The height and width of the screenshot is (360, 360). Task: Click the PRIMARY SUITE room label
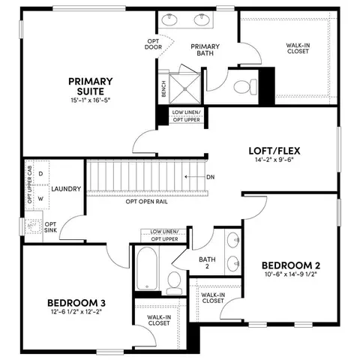click(x=91, y=86)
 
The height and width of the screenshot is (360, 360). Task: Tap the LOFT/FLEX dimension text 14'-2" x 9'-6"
click(x=274, y=160)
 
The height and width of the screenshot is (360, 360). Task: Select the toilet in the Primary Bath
click(x=245, y=87)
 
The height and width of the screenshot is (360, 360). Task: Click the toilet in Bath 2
click(x=174, y=283)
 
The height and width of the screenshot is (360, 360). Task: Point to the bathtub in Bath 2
click(x=147, y=268)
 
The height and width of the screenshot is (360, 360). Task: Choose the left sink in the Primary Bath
click(x=169, y=19)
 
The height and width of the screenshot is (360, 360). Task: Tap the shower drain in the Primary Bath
click(x=185, y=88)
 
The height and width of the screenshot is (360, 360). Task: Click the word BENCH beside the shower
click(x=164, y=88)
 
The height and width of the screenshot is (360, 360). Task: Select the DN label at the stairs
click(x=211, y=177)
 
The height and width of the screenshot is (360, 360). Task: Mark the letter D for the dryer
click(x=40, y=173)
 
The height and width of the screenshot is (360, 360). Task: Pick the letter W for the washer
click(x=40, y=199)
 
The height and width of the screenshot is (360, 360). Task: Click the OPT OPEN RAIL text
click(x=146, y=202)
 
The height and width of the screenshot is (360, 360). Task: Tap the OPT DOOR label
click(x=153, y=44)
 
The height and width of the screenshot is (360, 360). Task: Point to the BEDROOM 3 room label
click(x=76, y=303)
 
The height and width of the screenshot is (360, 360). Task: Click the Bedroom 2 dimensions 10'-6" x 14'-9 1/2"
click(x=291, y=274)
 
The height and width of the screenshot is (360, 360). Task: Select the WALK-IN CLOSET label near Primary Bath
click(x=298, y=48)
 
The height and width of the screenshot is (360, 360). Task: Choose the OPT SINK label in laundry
click(x=50, y=227)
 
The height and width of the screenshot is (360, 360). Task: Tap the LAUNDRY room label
click(x=66, y=189)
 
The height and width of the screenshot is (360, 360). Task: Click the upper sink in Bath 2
click(x=233, y=240)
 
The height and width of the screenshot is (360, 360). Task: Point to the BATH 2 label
click(x=207, y=262)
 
